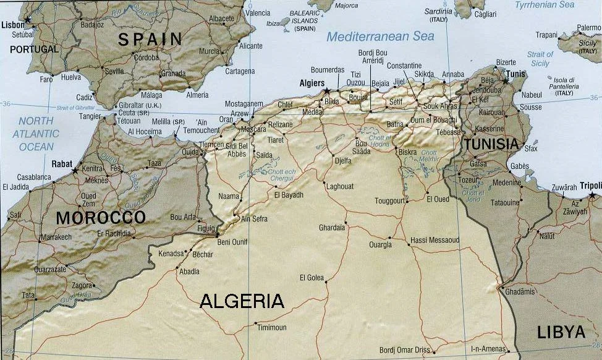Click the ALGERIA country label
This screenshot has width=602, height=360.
click(x=242, y=302)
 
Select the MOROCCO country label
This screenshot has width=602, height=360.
click(x=101, y=218)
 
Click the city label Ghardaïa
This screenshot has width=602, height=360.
click(x=331, y=228)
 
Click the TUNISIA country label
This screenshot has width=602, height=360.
click(x=491, y=144)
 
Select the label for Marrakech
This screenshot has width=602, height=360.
click(x=56, y=237)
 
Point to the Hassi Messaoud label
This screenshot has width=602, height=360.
click(x=435, y=240)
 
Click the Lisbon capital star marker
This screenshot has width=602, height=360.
click(x=27, y=20)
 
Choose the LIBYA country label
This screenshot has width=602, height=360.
click(x=561, y=332)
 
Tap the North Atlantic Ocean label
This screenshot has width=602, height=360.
click(x=36, y=134)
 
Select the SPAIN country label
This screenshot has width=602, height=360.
click(x=150, y=40)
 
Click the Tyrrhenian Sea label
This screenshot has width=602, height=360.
click(x=545, y=5)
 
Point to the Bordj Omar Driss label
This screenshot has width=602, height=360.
click(x=404, y=350)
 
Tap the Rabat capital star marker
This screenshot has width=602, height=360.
click(x=75, y=170)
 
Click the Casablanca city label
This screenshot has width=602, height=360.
click(x=26, y=177)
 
